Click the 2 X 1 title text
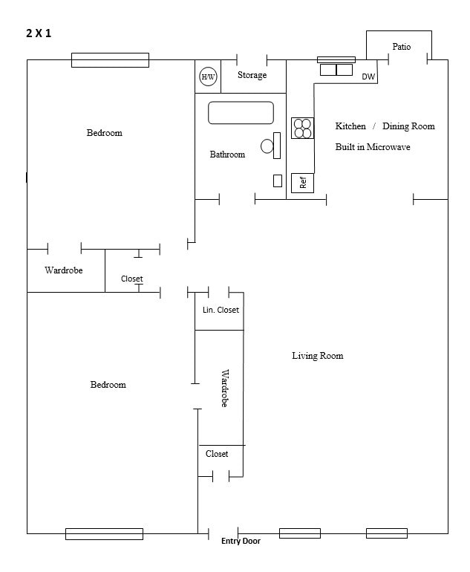[x=39, y=33]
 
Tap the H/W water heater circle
[x=208, y=77]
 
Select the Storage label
[x=252, y=75]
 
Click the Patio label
[x=401, y=47]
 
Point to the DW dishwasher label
[x=368, y=77]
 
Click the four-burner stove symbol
[x=302, y=129]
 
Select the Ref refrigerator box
[x=302, y=182]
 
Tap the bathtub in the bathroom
[x=241, y=113]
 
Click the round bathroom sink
[x=267, y=146]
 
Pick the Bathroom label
[x=227, y=155]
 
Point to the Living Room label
[x=317, y=356]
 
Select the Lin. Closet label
[x=221, y=310]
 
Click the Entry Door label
[x=241, y=542]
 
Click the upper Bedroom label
[x=104, y=133]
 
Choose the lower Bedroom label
[x=108, y=385]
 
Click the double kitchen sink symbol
[x=336, y=70]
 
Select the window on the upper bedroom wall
[x=110, y=60]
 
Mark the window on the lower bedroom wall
[x=104, y=533]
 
